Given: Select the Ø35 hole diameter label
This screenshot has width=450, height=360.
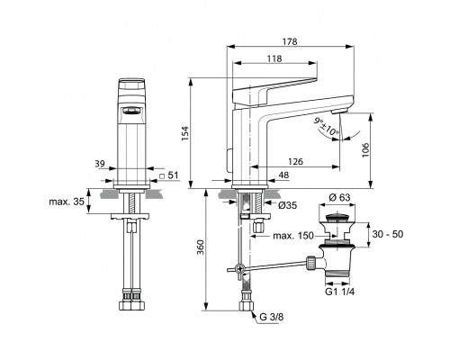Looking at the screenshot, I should [287, 205].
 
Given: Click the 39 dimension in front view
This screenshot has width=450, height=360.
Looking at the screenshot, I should [102, 164].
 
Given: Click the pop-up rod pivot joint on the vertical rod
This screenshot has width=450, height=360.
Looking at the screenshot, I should [239, 268].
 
